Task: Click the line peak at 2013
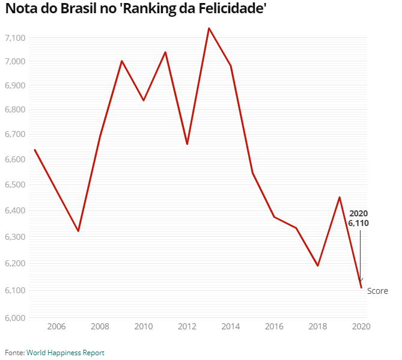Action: click(x=209, y=28)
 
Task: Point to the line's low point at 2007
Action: click(x=78, y=231)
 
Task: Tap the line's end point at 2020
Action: click(x=361, y=287)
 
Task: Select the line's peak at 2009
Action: click(x=121, y=61)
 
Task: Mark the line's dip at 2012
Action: click(x=187, y=144)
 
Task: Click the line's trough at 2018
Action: click(x=317, y=266)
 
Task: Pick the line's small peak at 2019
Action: click(x=340, y=197)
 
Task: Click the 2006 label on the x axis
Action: click(x=56, y=326)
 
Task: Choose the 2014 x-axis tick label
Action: click(x=230, y=326)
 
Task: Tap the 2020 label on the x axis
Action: click(x=361, y=326)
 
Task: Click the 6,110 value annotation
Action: click(x=358, y=222)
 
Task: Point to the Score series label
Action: click(x=377, y=291)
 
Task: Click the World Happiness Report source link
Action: click(x=65, y=353)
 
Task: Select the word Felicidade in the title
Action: click(x=228, y=10)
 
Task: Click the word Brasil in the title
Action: click(x=80, y=10)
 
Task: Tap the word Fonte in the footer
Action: click(x=14, y=353)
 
